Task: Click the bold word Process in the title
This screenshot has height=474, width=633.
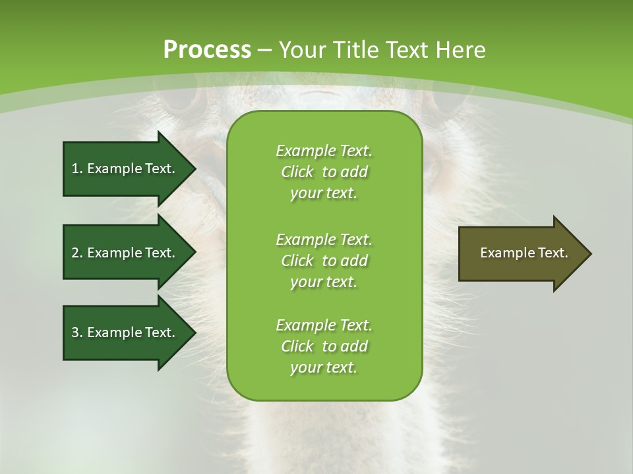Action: pos(207,49)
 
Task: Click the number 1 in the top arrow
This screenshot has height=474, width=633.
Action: pos(75,169)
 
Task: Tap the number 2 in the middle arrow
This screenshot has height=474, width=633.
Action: pos(75,253)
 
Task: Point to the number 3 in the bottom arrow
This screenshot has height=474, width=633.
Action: pos(75,332)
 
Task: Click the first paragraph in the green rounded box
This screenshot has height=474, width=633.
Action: pos(324,172)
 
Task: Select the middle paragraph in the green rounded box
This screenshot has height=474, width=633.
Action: pos(324,260)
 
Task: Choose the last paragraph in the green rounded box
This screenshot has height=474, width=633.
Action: pos(324,346)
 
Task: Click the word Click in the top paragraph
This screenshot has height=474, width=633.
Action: pos(297,172)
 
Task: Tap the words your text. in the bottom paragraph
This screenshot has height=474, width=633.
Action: pos(324,367)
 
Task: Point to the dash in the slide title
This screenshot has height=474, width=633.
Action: pos(265,50)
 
